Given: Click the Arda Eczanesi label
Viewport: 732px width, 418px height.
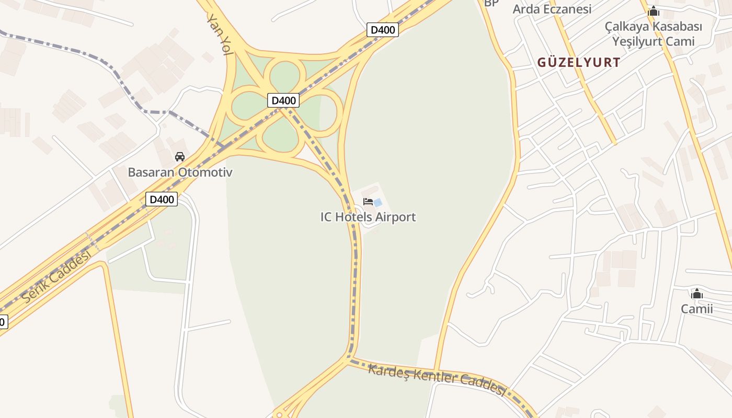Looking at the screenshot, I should point(552,9).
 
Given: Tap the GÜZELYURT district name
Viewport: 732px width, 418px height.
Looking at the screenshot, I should point(579,63).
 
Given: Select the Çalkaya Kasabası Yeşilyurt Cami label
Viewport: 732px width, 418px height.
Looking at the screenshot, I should point(654,33).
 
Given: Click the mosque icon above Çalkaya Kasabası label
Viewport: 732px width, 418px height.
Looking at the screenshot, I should point(654,11).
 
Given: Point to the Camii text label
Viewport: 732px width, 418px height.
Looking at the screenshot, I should point(696,309).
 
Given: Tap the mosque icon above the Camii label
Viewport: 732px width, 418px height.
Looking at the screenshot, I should point(696,294).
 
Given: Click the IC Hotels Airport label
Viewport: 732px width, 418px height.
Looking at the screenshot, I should point(368,217).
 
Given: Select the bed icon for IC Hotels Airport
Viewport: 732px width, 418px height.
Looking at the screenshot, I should point(368,201).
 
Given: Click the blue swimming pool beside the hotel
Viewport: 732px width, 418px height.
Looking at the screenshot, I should point(378,202).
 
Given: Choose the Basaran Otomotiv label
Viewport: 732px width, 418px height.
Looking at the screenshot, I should point(180,172).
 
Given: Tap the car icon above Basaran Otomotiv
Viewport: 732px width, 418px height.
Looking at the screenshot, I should point(180,156).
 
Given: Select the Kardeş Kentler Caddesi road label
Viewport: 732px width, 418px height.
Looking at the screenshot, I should point(437,380).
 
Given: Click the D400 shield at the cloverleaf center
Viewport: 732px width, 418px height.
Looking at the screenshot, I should point(283,100).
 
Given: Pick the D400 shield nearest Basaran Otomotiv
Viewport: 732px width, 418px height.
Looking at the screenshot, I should point(162,199).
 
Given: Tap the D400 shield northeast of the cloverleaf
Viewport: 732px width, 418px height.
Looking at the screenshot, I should point(383,30).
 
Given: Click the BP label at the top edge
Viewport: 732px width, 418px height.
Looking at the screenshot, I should point(491,3).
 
